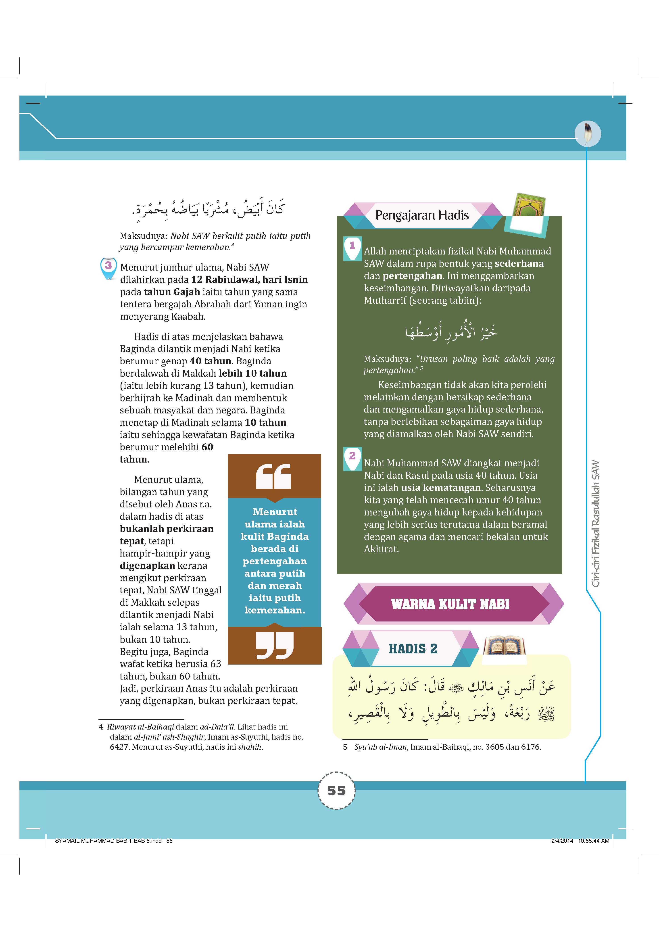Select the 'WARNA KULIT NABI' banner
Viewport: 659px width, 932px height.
[x=450, y=604]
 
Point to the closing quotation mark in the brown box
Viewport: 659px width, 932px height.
[x=275, y=645]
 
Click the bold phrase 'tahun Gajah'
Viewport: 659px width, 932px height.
[x=172, y=292]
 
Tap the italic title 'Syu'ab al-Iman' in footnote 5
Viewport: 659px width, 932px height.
[x=380, y=747]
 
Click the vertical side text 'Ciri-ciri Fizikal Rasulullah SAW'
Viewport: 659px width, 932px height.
[x=596, y=524]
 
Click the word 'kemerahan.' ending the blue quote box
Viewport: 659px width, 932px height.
[x=275, y=610]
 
